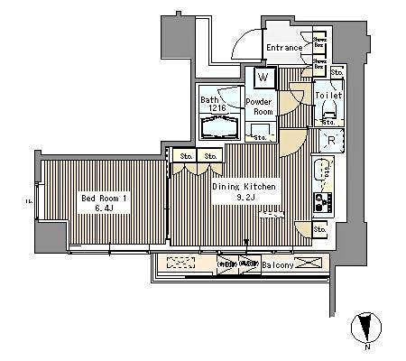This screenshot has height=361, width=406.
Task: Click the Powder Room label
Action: point(261,107)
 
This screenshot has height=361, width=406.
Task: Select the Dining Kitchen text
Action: point(244,186)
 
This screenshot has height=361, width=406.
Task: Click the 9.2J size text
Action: point(244,198)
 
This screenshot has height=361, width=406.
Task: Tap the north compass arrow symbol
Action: point(365,327)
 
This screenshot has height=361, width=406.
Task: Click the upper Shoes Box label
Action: point(320,40)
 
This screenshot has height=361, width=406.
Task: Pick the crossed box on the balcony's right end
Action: point(308,263)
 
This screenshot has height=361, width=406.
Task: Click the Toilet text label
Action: point(328,93)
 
